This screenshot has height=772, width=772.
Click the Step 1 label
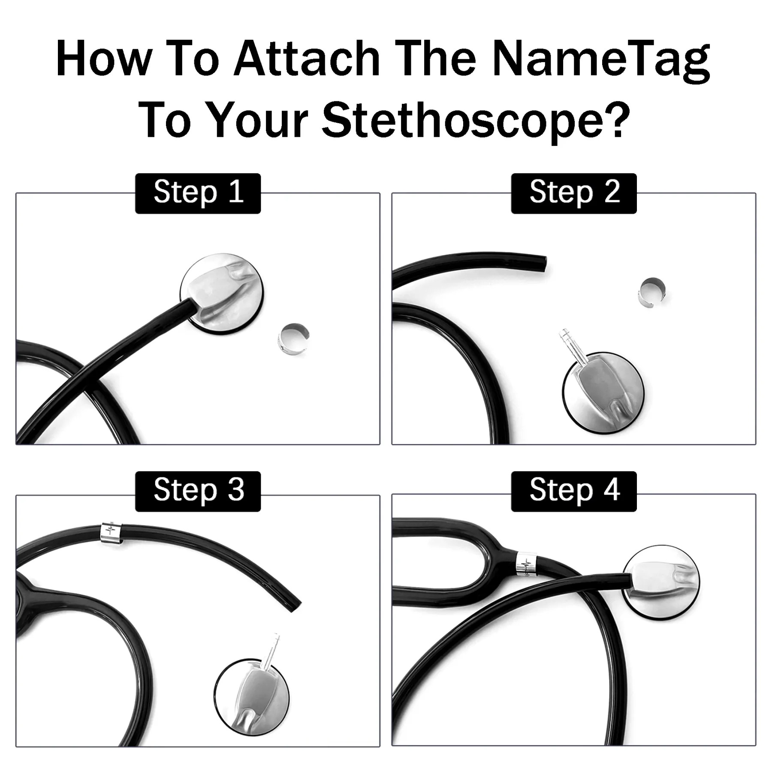[x=198, y=193]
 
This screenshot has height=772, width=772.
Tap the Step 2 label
[x=574, y=193]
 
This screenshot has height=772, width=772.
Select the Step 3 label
[x=198, y=491]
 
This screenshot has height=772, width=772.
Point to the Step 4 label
[x=574, y=491]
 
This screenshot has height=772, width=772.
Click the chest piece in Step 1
[x=221, y=294]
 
